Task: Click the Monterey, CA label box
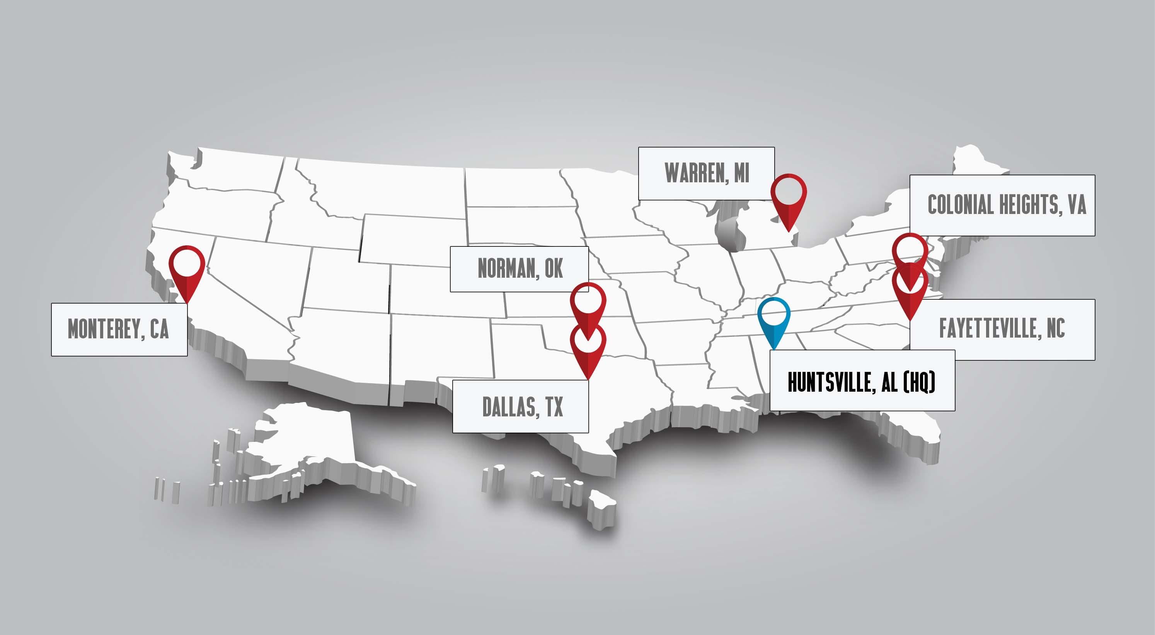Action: click(119, 329)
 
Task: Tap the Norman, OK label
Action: click(519, 269)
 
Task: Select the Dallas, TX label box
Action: click(520, 406)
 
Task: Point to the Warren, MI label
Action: click(706, 173)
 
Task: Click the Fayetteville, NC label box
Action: click(1002, 329)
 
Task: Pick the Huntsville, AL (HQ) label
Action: click(862, 381)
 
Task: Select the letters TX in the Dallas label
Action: click(554, 407)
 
